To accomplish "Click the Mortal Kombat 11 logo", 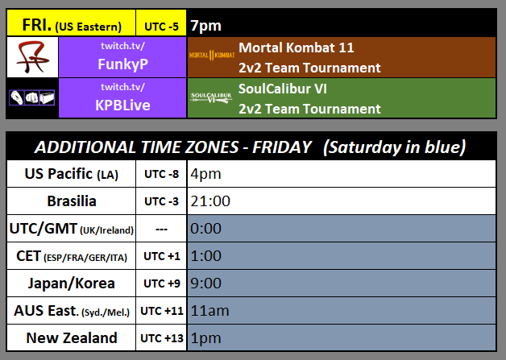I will click(212, 56).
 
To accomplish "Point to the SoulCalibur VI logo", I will click(212, 98).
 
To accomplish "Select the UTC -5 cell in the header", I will click(161, 25).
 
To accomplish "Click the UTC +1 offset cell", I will click(161, 256).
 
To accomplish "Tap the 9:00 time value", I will click(205, 283).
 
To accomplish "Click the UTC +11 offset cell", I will click(161, 311).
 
